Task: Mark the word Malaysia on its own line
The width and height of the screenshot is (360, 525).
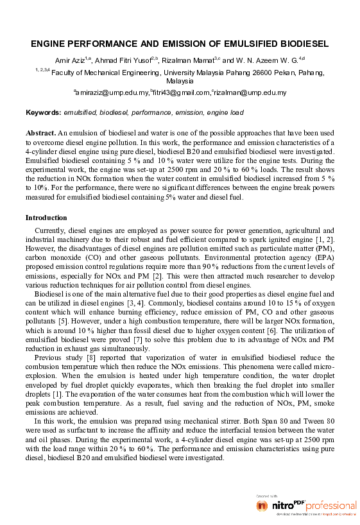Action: [180, 82]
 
